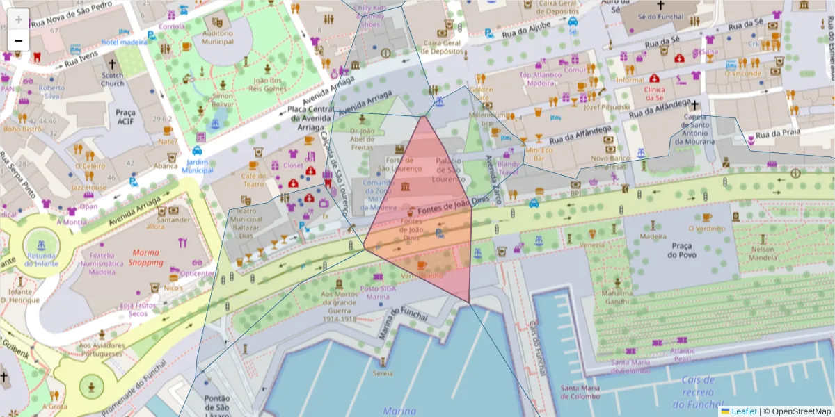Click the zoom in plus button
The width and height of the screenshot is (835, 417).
pos(19,19)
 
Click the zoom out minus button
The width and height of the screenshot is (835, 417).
pos(19,40)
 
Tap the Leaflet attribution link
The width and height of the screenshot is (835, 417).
pos(743,411)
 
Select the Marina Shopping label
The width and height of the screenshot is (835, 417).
pos(145,257)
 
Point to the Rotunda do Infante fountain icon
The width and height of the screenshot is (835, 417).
pos(40,244)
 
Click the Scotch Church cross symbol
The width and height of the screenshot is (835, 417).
pos(112,63)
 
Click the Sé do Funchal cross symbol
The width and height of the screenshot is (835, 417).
pos(660,4)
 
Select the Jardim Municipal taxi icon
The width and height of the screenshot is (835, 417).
pos(197,149)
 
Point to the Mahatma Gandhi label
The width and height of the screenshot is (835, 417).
pos(617,297)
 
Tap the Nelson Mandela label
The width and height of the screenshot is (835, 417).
pos(763,254)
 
